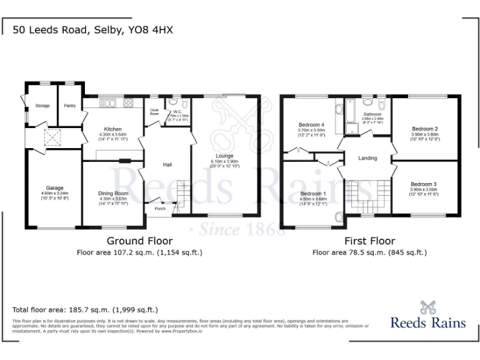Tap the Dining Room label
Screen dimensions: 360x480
click(x=113, y=194)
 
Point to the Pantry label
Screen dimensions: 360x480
click(x=69, y=106)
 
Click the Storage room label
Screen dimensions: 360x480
click(x=42, y=106)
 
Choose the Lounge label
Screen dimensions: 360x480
click(x=224, y=156)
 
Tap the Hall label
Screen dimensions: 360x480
click(x=167, y=164)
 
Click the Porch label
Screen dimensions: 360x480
click(x=161, y=209)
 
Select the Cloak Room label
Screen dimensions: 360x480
click(x=154, y=112)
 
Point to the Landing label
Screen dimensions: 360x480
click(x=367, y=158)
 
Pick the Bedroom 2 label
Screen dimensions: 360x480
click(x=424, y=129)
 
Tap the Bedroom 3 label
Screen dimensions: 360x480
click(x=424, y=184)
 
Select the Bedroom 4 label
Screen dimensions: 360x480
click(x=311, y=124)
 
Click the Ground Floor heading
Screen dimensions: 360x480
click(x=139, y=241)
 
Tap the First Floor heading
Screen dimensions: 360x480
click(x=369, y=241)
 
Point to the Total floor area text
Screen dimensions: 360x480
click(x=86, y=309)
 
